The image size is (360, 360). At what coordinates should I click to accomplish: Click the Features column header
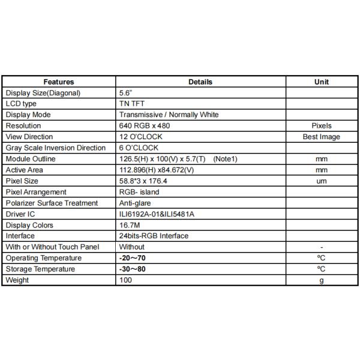tap(59, 82)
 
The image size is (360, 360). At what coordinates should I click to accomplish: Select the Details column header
tap(200, 82)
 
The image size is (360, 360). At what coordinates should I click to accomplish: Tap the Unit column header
tap(322, 82)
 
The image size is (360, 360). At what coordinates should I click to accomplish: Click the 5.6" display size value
tap(126, 93)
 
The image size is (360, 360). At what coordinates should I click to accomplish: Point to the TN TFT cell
tap(132, 104)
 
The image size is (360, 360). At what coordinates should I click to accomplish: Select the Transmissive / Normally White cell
tap(169, 115)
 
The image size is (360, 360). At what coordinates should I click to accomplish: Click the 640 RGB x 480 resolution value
tap(147, 126)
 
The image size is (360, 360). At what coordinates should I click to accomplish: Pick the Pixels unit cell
tap(322, 126)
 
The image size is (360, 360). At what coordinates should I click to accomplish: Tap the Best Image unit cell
tap(322, 137)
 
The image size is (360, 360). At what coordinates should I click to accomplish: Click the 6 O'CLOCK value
tap(139, 148)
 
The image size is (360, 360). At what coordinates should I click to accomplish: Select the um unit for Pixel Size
tap(322, 181)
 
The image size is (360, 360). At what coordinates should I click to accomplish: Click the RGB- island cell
tap(139, 192)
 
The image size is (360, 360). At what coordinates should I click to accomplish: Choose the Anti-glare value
tap(135, 203)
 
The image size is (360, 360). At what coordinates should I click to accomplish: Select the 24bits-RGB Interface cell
tap(154, 236)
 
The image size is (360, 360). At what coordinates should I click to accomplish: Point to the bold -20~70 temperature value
tap(133, 258)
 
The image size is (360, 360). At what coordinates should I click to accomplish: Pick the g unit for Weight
tap(322, 280)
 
